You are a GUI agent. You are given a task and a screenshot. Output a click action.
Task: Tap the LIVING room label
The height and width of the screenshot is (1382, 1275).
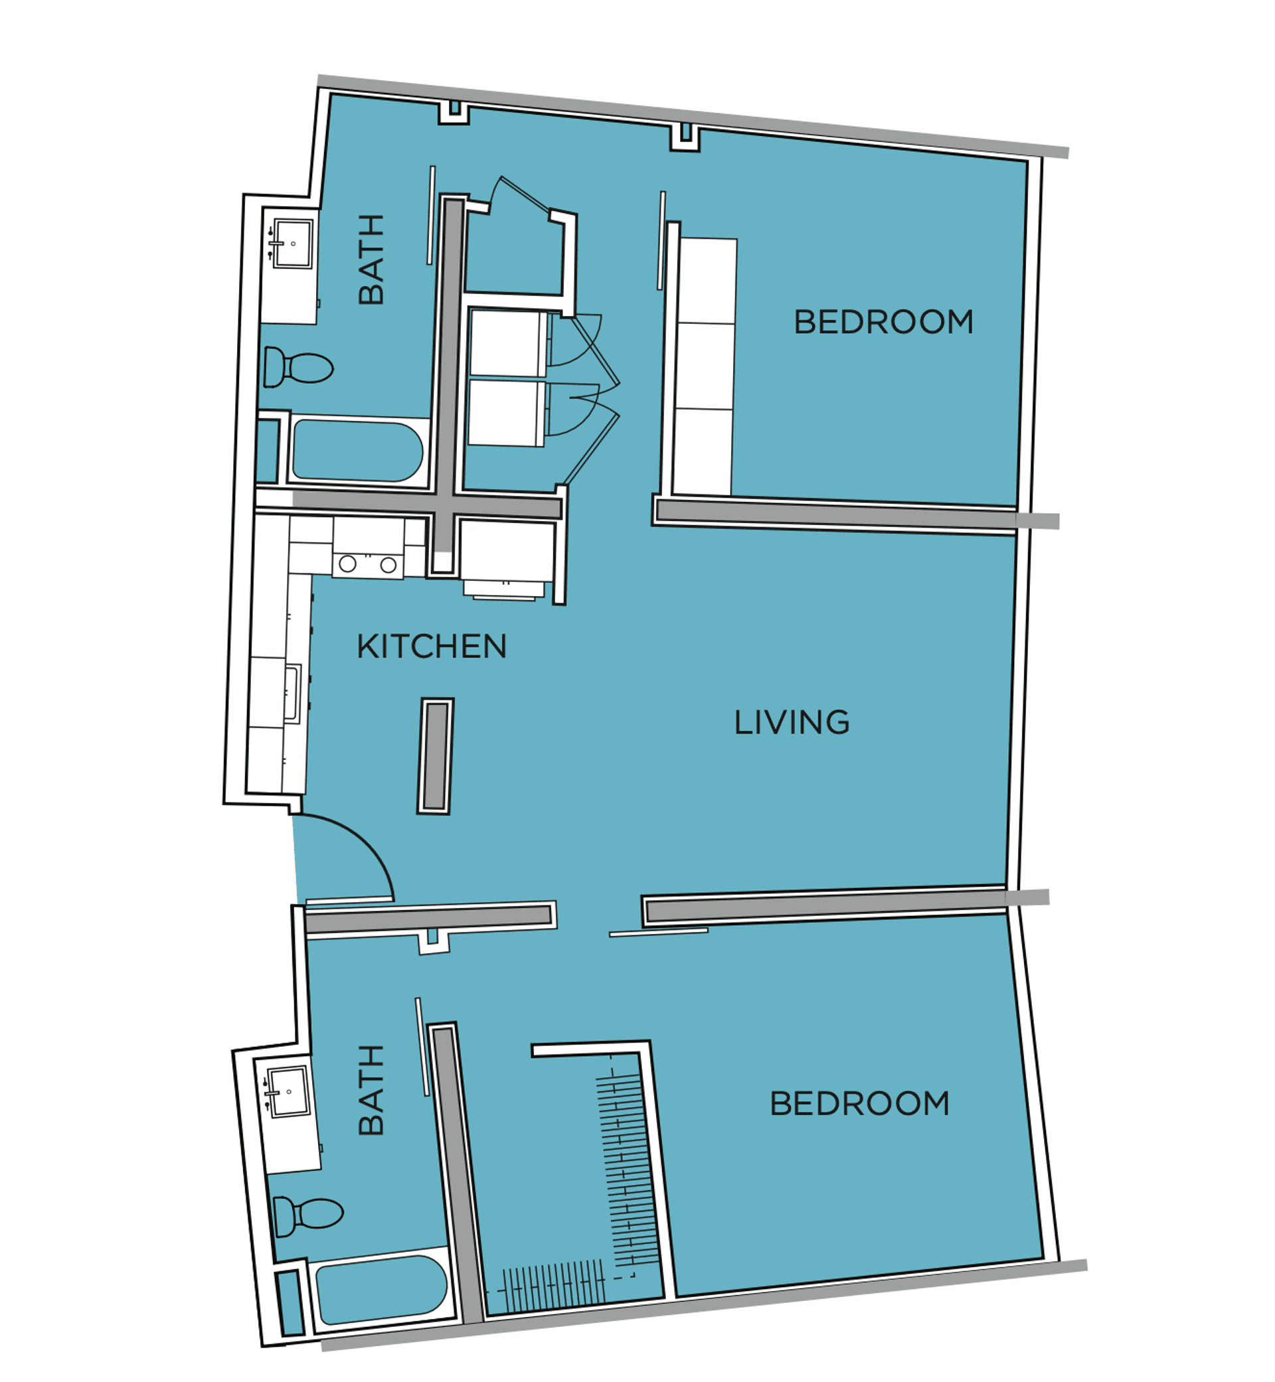792,722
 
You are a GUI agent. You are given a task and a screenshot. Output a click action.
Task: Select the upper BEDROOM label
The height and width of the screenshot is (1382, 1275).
884,321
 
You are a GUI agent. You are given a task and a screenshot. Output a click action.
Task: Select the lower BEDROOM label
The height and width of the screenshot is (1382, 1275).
860,1103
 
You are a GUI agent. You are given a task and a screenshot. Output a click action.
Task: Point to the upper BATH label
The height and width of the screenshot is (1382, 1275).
371,260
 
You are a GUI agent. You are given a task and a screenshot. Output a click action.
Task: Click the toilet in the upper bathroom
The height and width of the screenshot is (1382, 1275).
298,368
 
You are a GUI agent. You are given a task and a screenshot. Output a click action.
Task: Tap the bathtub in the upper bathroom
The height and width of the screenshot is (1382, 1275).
357,451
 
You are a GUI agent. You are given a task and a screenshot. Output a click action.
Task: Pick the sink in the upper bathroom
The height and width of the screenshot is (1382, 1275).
293,244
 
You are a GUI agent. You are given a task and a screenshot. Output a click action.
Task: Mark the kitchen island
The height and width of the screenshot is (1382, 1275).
436,757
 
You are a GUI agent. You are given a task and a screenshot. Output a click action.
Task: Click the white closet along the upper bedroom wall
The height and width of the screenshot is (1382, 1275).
705,367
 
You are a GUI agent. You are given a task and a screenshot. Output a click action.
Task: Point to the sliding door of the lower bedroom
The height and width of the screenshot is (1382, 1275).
658,933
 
